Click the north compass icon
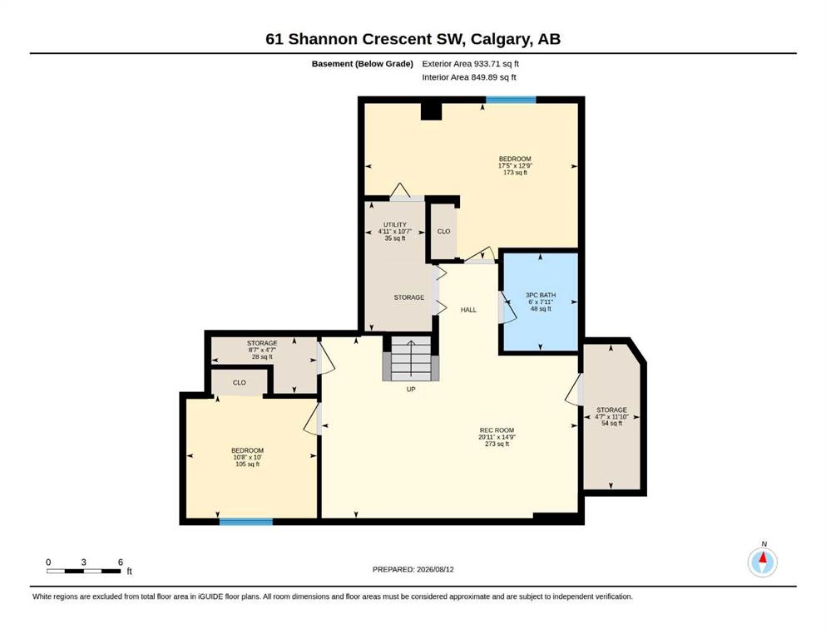(762, 562)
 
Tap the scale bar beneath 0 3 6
(84, 571)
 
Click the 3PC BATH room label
(541, 295)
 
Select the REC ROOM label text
(497, 429)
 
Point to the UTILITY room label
(394, 224)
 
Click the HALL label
(468, 310)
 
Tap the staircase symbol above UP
(411, 359)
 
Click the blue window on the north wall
(511, 100)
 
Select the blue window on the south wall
(246, 522)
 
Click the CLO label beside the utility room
(443, 232)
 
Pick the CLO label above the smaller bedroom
(240, 382)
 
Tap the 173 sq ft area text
(515, 173)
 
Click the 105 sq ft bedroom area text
(247, 464)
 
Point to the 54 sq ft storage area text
(611, 423)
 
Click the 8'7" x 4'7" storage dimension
(262, 350)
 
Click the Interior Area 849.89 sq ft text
(469, 77)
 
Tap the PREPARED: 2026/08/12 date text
(413, 569)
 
